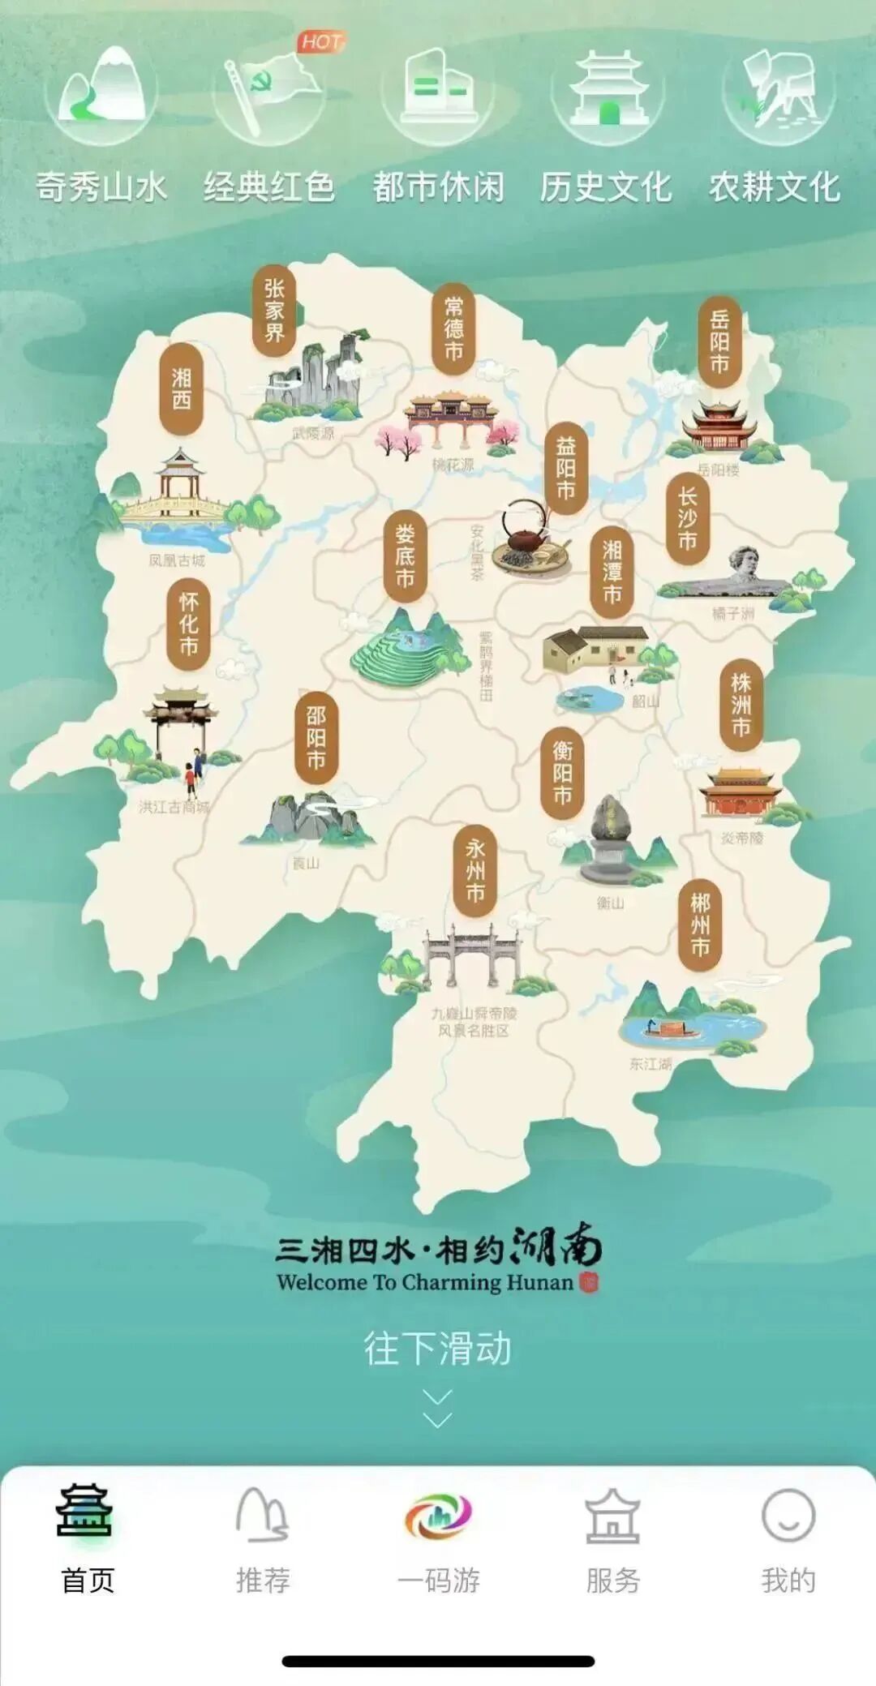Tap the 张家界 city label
(x=274, y=311)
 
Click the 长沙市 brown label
(x=688, y=519)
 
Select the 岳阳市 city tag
(x=719, y=341)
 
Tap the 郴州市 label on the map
(x=700, y=925)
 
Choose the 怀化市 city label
(x=189, y=624)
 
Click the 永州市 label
(x=475, y=871)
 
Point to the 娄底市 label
(x=405, y=556)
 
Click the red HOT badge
(x=321, y=42)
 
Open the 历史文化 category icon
(x=607, y=93)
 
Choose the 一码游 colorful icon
(x=438, y=1516)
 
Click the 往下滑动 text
(x=437, y=1348)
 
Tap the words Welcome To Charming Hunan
(x=425, y=1282)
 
